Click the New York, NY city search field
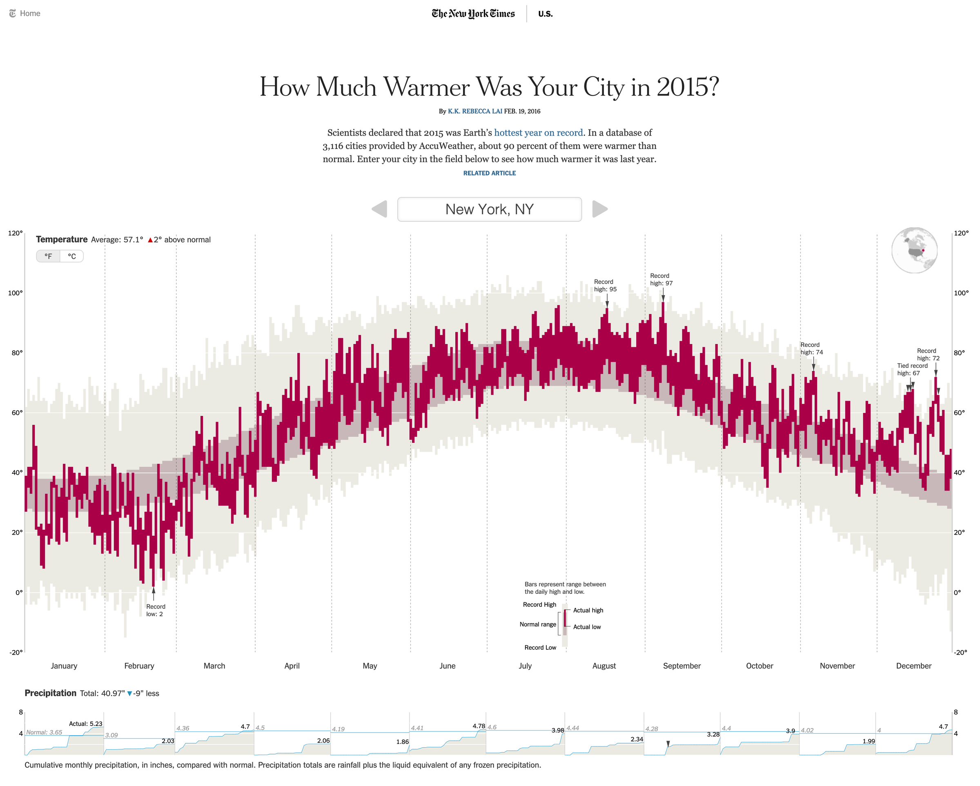[x=489, y=209]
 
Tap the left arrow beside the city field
[x=379, y=209]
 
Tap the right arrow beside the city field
[x=599, y=209]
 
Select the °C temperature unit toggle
[x=72, y=256]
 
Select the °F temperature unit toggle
[x=48, y=256]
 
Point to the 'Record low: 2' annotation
[x=155, y=610]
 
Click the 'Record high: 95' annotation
[x=605, y=285]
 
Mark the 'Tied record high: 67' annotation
[x=912, y=369]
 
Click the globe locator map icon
[x=914, y=250]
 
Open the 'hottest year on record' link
[x=538, y=133]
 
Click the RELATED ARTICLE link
[x=489, y=173]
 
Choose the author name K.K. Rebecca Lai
[x=474, y=111]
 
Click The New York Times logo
[x=473, y=13]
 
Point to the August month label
[x=604, y=666]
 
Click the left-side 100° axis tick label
[x=16, y=293]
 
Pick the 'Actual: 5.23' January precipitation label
[x=85, y=724]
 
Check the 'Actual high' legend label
[x=588, y=610]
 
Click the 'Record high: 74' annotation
[x=811, y=349]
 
